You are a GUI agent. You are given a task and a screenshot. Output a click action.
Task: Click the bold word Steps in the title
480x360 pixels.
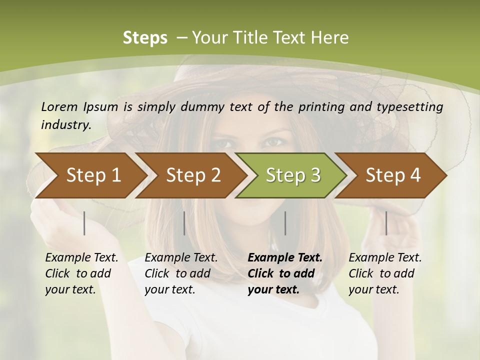click(x=145, y=38)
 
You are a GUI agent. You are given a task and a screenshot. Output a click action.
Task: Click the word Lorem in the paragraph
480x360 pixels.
click(x=58, y=106)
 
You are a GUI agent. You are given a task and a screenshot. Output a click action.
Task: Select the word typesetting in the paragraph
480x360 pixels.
click(x=413, y=106)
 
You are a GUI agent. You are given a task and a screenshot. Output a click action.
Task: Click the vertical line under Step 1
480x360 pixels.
click(x=84, y=223)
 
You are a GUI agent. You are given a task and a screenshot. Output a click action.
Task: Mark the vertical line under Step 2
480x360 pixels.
click(x=184, y=223)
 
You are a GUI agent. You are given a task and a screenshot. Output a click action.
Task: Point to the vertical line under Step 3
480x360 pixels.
click(x=285, y=223)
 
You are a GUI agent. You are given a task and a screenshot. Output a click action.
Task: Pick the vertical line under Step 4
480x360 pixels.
click(x=386, y=223)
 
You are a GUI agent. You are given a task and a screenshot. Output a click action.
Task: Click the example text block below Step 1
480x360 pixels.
click(x=81, y=273)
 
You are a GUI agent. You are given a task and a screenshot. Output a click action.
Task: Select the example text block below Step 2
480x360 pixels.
click(x=181, y=273)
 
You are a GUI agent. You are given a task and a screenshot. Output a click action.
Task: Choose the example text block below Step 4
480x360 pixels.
click(x=385, y=273)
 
